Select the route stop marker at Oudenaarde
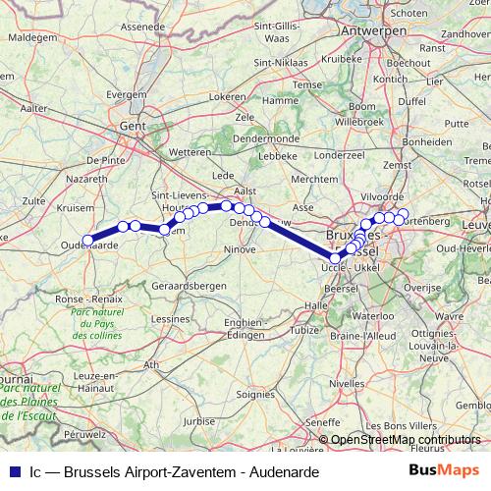tap(87, 240)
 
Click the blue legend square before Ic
tap(11, 470)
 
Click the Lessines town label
tap(171, 319)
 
